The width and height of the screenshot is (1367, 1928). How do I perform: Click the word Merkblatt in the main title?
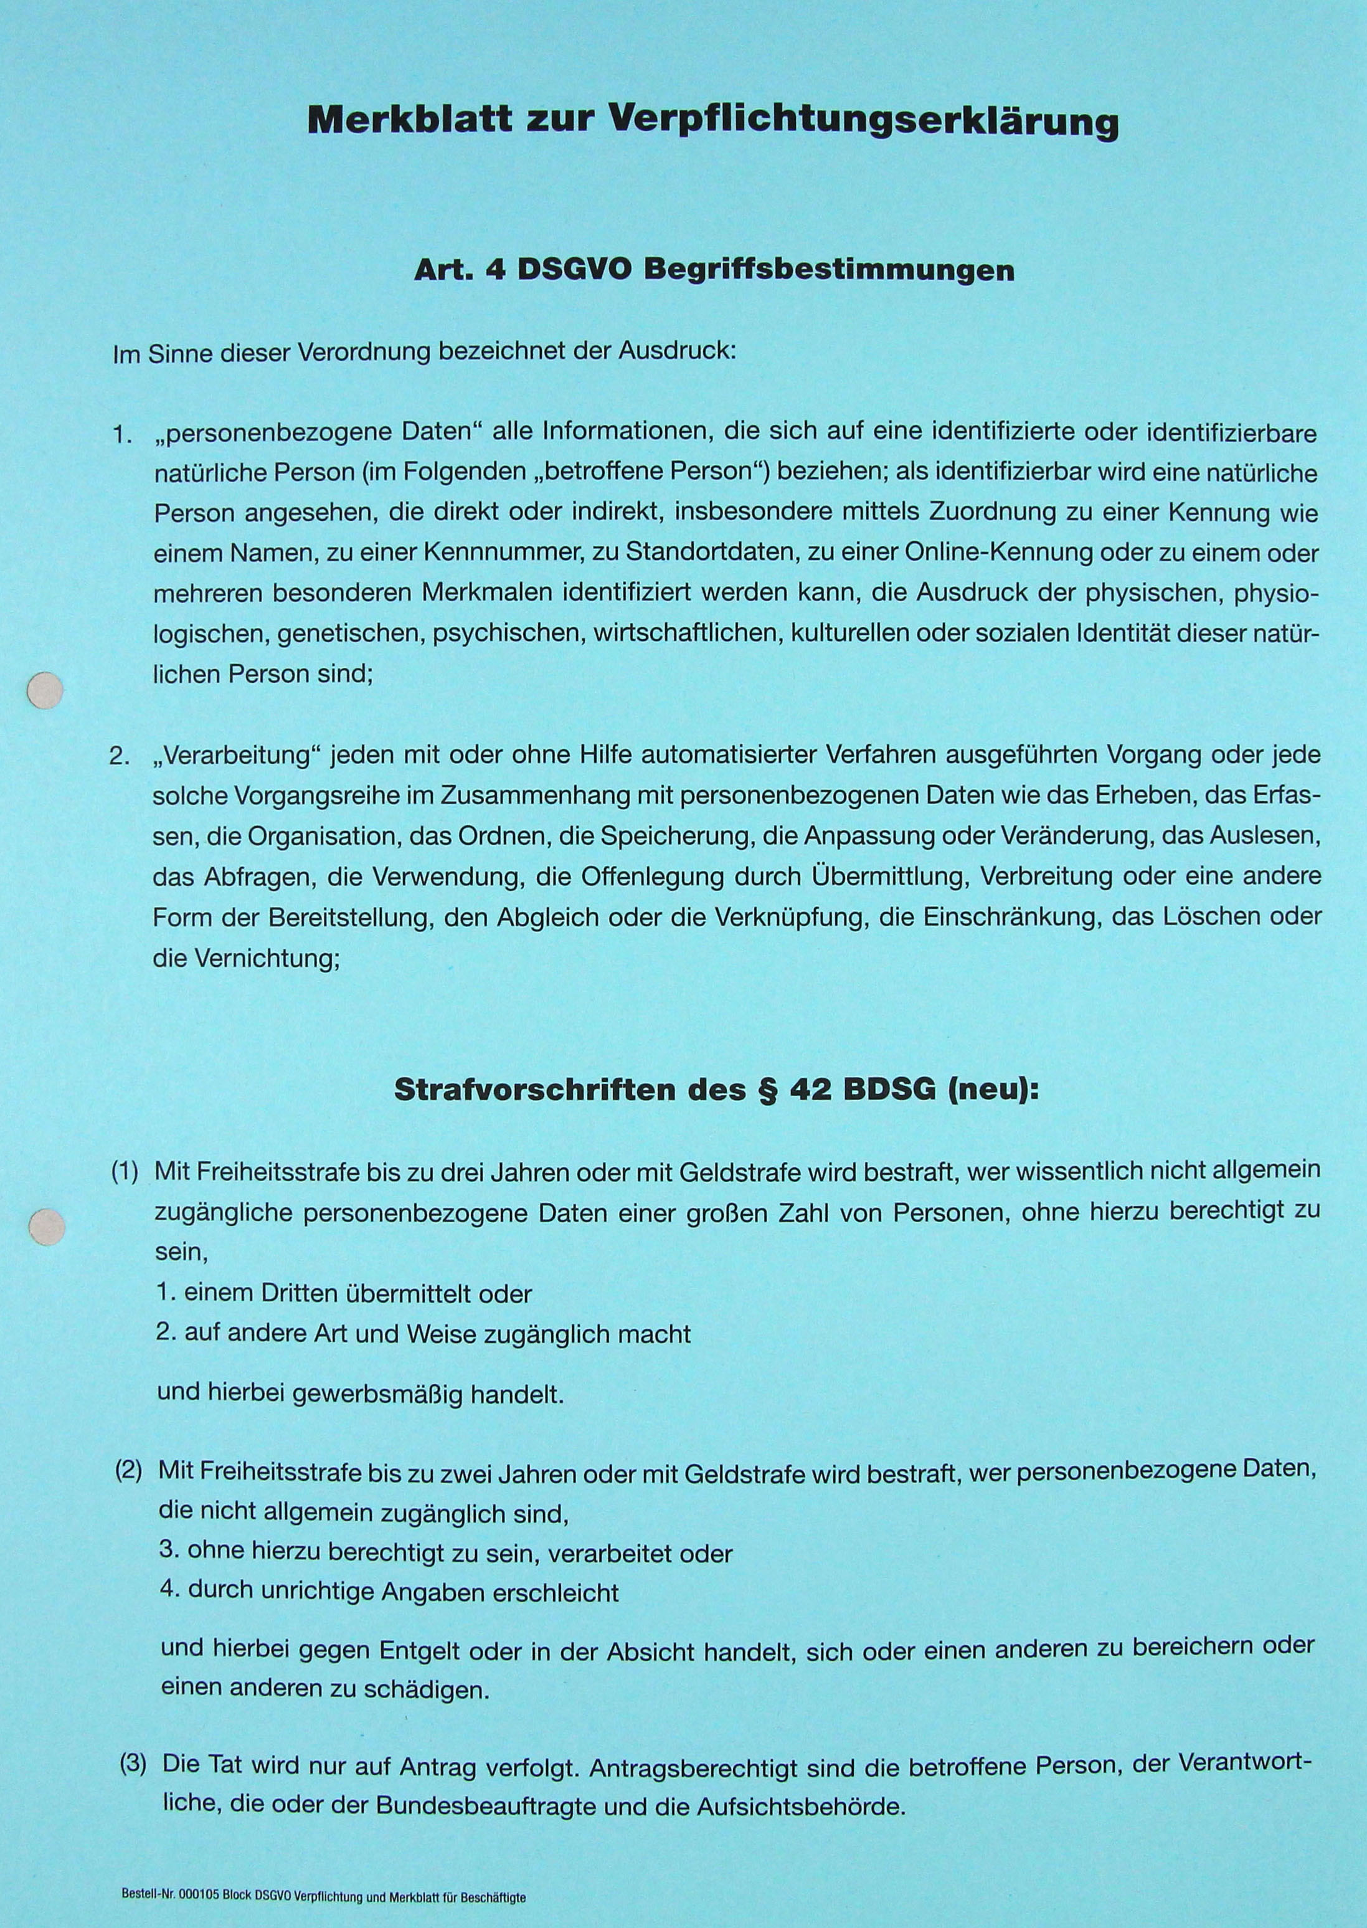click(x=409, y=120)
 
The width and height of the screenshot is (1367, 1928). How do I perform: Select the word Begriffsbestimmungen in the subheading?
click(x=828, y=270)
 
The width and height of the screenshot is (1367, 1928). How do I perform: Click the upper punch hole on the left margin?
click(x=45, y=690)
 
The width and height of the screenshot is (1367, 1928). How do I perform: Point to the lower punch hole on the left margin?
click(x=46, y=1227)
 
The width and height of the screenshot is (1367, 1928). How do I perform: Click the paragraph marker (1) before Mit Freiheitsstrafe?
click(x=125, y=1172)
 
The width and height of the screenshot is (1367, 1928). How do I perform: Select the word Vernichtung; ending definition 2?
click(x=267, y=958)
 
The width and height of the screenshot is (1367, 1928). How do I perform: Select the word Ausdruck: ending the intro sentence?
click(x=678, y=351)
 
